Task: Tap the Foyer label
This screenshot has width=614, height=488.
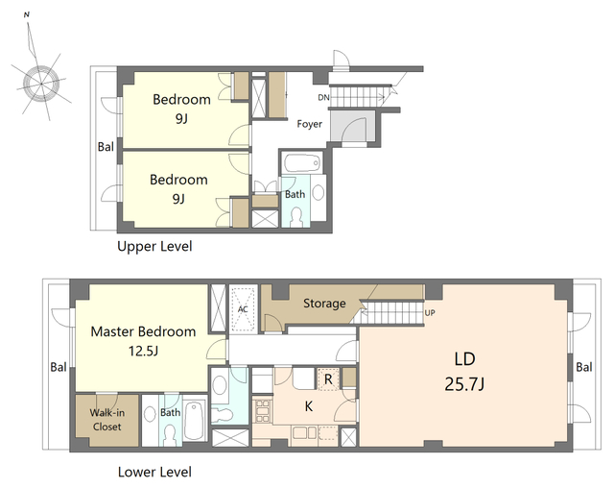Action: click(309, 124)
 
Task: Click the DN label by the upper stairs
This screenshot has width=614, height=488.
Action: click(323, 97)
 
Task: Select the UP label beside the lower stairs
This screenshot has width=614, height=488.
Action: click(430, 313)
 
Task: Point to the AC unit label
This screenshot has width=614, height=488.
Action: click(243, 309)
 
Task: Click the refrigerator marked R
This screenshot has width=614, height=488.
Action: click(328, 379)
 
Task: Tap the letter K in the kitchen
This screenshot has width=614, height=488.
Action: click(309, 406)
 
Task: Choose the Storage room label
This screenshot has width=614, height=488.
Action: click(324, 303)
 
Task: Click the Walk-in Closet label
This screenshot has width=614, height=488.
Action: click(106, 420)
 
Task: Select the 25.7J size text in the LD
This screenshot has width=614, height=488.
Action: click(464, 383)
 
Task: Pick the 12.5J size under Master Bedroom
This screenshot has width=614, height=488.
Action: click(143, 351)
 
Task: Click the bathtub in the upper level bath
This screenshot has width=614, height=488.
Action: click(302, 163)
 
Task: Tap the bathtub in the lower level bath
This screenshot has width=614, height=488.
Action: click(195, 421)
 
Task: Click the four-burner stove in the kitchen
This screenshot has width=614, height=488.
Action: click(262, 411)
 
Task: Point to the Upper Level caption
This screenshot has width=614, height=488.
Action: click(154, 247)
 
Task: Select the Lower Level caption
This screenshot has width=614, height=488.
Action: click(154, 472)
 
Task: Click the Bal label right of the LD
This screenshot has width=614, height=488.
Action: click(584, 367)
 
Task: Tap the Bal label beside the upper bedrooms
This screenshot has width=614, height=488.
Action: click(106, 147)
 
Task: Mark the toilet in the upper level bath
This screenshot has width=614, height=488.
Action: click(296, 217)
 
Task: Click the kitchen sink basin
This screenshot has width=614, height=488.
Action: click(304, 433)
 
